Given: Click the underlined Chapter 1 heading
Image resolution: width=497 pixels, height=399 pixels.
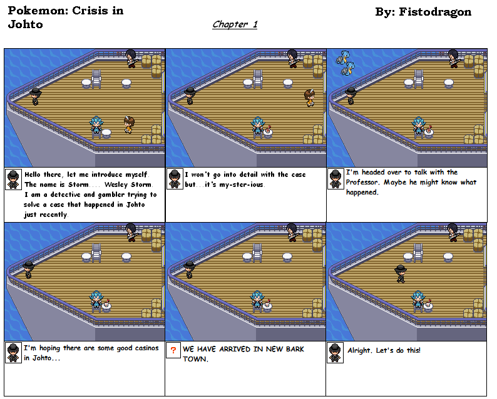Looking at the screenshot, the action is click(x=235, y=24).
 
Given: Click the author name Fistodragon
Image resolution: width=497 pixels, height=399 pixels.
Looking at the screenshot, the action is click(x=435, y=12).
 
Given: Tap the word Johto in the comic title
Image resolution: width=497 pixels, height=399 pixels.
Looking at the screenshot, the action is click(x=26, y=24).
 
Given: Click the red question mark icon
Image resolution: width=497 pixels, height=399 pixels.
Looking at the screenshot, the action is click(x=173, y=350).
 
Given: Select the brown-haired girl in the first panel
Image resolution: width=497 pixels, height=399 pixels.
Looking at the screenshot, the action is click(x=129, y=125).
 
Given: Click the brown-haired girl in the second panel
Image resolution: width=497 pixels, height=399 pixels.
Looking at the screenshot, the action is click(x=309, y=98).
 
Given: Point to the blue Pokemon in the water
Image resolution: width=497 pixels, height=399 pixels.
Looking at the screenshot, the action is click(x=345, y=63).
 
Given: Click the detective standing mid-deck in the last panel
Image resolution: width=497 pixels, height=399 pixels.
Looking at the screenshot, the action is click(x=401, y=273).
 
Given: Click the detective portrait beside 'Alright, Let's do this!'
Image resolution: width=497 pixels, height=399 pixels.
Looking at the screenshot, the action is click(x=335, y=353).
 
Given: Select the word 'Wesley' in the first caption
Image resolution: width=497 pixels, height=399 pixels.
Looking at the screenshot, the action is click(x=115, y=184).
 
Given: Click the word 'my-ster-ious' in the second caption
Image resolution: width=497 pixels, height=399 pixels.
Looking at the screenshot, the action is click(x=241, y=184).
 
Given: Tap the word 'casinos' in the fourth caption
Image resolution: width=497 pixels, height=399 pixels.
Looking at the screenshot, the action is click(x=146, y=348).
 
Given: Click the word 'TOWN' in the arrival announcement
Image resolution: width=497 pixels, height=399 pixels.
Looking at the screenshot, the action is click(x=195, y=359).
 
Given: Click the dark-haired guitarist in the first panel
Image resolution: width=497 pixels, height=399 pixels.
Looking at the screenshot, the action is click(x=131, y=59).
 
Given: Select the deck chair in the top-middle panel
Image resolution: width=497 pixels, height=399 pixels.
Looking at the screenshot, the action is click(x=257, y=79).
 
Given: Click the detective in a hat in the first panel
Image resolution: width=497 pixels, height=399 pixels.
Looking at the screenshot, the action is click(x=36, y=96).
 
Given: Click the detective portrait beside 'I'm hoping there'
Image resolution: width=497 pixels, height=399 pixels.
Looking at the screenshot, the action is click(x=13, y=353).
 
